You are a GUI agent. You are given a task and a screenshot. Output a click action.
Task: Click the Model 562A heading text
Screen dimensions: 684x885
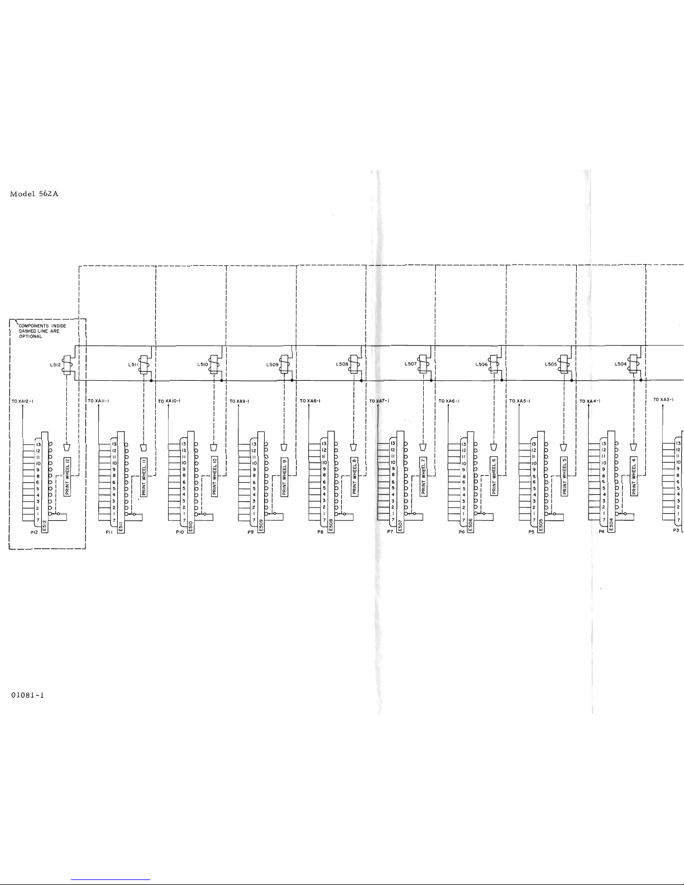[34, 194]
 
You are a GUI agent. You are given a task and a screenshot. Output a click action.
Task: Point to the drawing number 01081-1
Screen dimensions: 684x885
[27, 695]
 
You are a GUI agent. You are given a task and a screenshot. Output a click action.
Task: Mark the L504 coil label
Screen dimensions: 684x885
[620, 364]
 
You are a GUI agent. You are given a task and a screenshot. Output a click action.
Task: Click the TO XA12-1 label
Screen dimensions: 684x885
[23, 401]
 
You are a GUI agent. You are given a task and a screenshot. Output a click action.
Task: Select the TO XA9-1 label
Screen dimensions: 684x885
[240, 401]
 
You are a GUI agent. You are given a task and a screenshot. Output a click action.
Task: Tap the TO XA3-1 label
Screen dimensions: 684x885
[663, 399]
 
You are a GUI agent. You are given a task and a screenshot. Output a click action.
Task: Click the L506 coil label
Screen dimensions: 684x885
[481, 364]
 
